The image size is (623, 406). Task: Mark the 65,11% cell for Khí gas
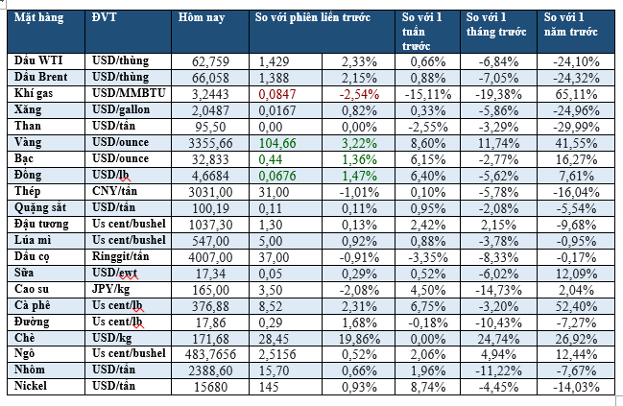click(x=576, y=94)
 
